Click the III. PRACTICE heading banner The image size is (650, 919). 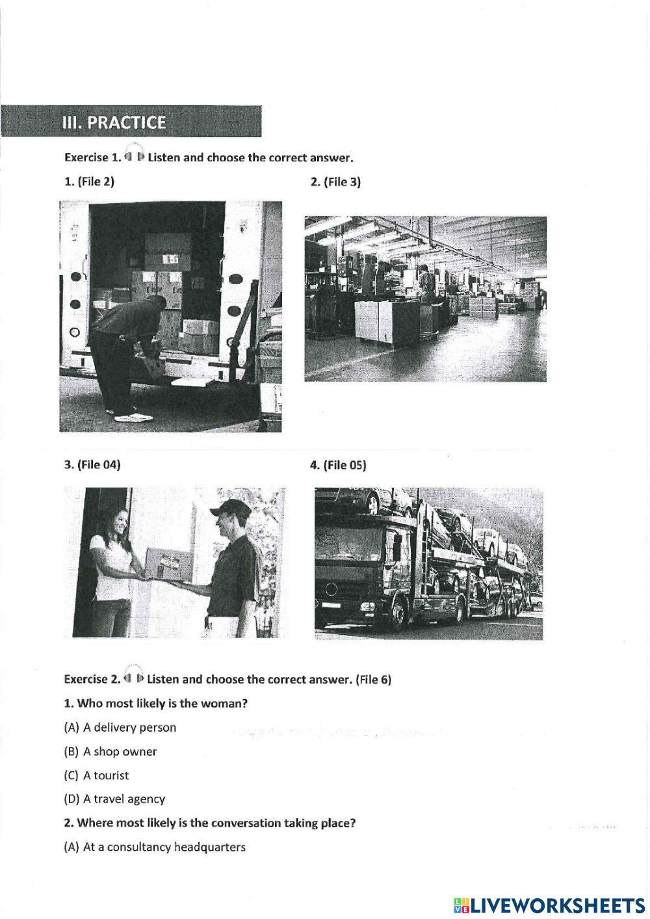pos(130,122)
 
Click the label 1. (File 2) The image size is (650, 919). pos(89,181)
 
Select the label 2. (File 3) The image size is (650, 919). pos(335,181)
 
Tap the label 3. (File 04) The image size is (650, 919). pos(92,464)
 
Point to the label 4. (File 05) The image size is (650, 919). pos(338,465)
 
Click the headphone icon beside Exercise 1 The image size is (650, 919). pos(133,155)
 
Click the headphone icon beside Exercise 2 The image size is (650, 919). pos(133,677)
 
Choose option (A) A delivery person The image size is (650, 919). pos(120,727)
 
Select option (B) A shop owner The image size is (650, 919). pos(110,751)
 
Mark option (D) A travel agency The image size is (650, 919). pos(114,799)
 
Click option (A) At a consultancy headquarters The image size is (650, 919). pos(155,847)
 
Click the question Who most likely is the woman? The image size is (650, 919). pos(156,703)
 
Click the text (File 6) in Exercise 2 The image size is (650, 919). pos(374,680)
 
